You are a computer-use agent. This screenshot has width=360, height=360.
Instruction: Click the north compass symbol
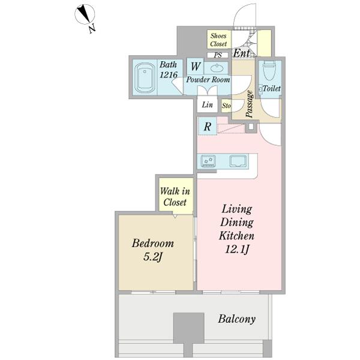(85, 14)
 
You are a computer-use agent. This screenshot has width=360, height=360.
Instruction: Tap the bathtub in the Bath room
(145, 77)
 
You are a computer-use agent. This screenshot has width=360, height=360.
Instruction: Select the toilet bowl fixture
(268, 71)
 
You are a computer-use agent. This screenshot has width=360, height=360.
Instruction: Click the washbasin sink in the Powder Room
(215, 68)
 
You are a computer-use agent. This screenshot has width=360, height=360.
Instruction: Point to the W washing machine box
(195, 67)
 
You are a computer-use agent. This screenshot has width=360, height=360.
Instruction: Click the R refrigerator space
(208, 126)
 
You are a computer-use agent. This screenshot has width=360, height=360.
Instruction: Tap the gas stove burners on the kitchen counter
(208, 160)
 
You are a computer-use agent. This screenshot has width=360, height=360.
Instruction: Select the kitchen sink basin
(239, 160)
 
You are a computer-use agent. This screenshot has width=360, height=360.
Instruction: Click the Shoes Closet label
(218, 40)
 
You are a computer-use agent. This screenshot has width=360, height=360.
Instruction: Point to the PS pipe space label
(218, 55)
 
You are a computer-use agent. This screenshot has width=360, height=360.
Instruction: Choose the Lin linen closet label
(207, 105)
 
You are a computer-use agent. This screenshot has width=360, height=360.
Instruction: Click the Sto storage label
(226, 106)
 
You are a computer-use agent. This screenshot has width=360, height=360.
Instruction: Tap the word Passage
(250, 104)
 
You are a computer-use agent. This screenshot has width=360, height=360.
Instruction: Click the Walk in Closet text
(175, 197)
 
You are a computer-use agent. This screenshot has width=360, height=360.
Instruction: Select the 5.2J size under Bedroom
(152, 257)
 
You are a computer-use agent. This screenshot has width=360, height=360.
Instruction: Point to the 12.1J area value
(237, 250)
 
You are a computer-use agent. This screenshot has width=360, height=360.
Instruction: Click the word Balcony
(237, 319)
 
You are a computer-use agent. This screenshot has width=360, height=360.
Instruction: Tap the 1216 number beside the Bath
(169, 74)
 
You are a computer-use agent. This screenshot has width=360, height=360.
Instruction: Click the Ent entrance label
(242, 53)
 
